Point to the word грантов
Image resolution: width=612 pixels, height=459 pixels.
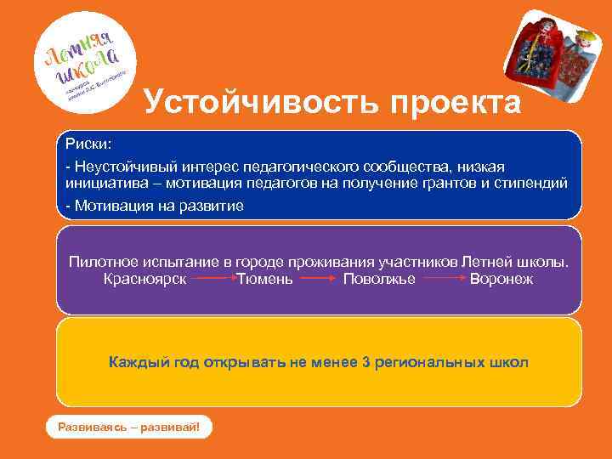coord(455,184)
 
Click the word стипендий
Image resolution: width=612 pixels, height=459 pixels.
coord(530,184)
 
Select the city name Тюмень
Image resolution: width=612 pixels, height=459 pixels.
coord(266,278)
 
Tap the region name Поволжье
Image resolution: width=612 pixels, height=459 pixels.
coord(379,278)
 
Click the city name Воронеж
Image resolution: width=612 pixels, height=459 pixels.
coord(501,278)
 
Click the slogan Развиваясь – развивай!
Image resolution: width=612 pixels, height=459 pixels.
coord(128,427)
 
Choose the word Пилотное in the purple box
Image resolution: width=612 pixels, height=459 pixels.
coord(101,262)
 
